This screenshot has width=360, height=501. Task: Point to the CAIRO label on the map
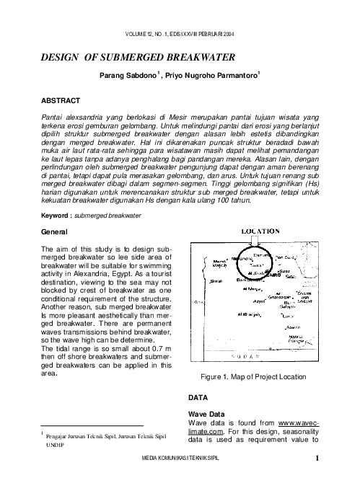coord(274,275)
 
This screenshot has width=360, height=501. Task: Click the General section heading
coord(54,232)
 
